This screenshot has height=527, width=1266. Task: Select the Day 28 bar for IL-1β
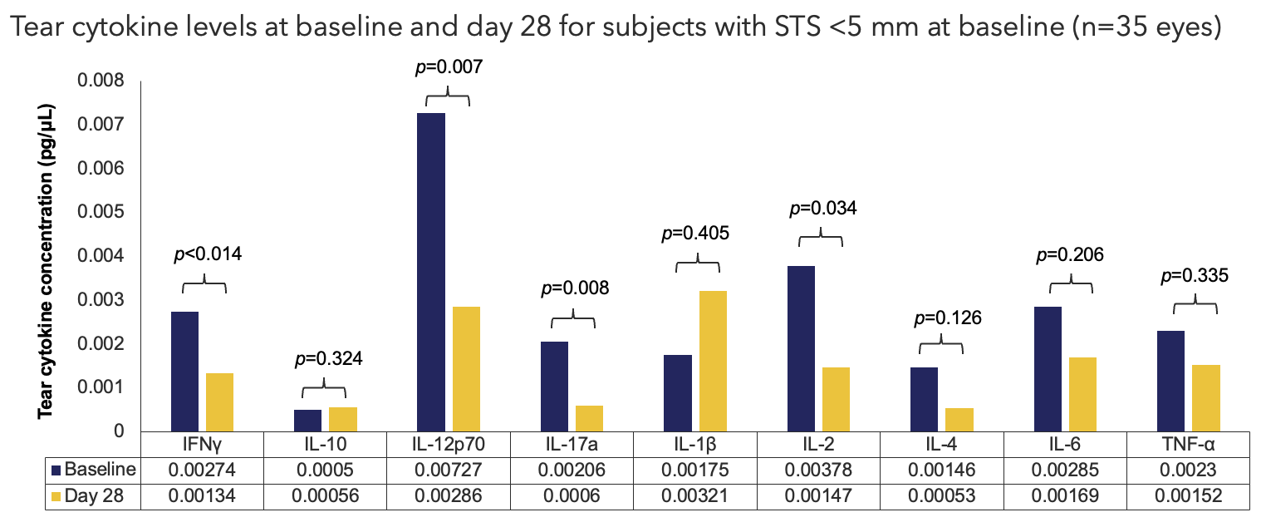coord(713,361)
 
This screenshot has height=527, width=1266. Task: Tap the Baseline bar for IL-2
coord(802,348)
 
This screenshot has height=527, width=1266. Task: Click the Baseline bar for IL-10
coord(307,421)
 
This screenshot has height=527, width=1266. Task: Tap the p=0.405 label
coord(696,233)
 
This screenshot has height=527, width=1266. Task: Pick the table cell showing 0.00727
coord(449,470)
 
